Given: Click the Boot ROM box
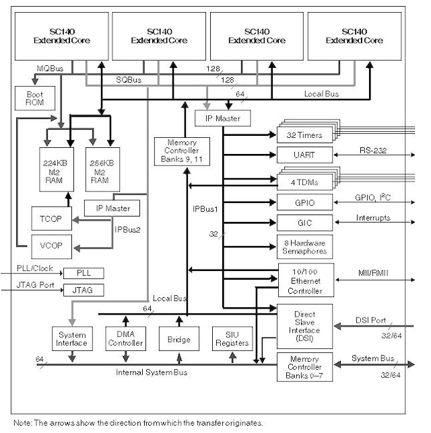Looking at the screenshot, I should tap(34, 99).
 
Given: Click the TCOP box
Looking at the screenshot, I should tap(51, 219).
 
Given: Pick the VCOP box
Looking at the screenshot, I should tap(51, 245).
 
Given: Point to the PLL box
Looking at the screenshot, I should tap(84, 273).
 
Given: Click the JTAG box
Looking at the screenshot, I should tap(84, 290).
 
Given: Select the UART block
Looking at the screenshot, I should tap(305, 155).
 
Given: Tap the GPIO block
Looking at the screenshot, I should tap(305, 202).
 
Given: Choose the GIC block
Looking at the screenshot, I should tap(305, 222).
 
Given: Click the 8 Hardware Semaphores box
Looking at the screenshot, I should tap(305, 247).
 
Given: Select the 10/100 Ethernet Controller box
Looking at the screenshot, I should tap(305, 280).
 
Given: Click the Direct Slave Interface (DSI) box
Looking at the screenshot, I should tap(305, 325).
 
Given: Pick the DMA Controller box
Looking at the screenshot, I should tap(125, 338).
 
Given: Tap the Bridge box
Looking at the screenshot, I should tap(178, 338).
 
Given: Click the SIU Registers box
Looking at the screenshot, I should tap(232, 338).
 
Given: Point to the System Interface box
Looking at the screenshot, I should tap(71, 338).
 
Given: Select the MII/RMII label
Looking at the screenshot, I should tap(371, 272).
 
